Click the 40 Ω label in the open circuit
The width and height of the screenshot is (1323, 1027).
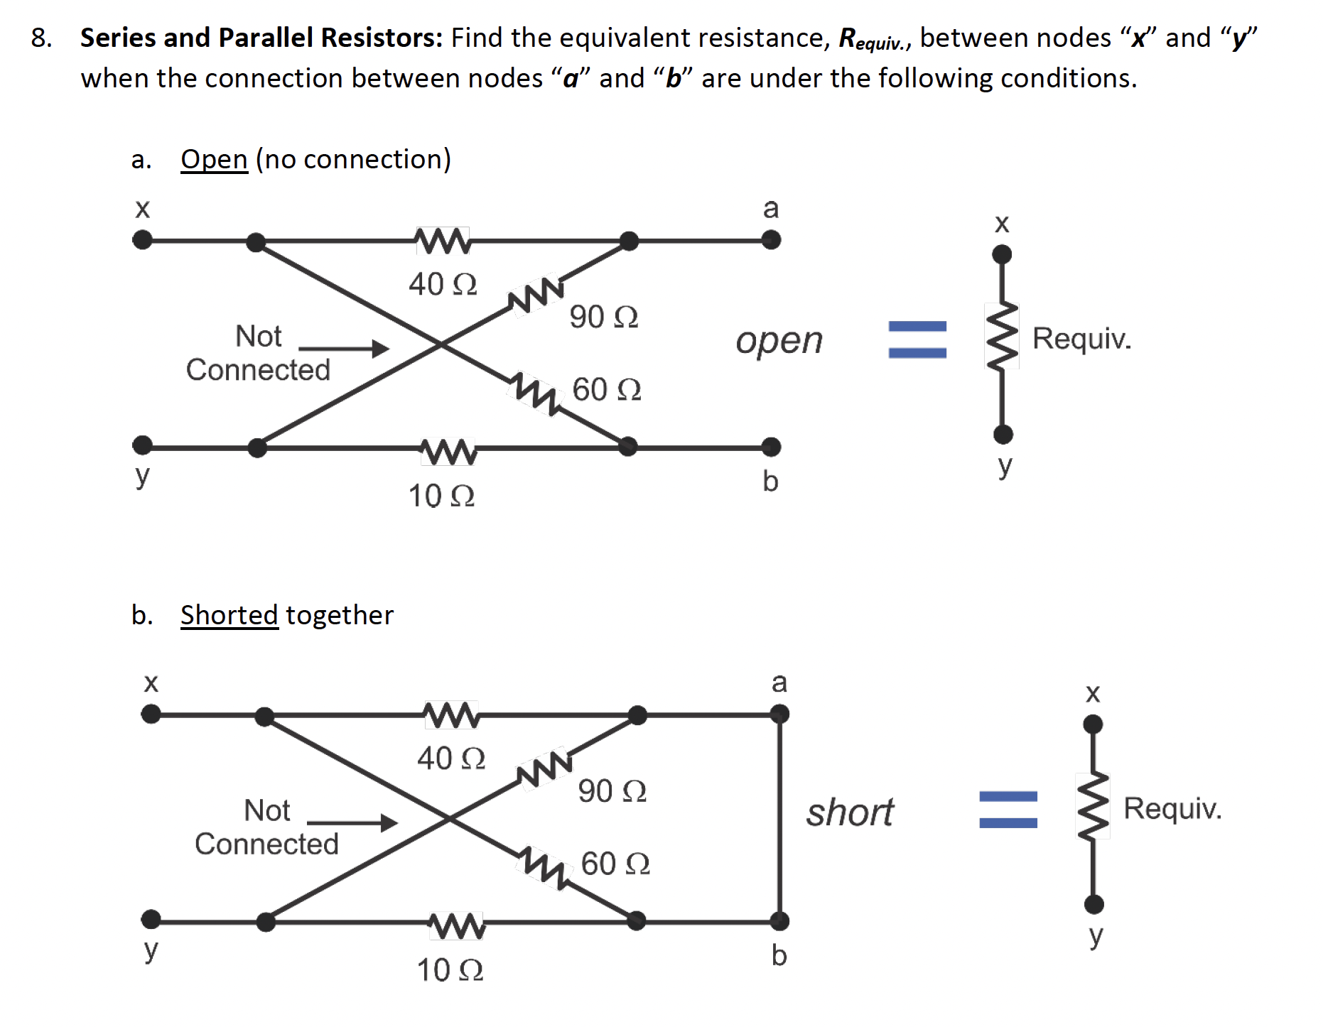pyautogui.click(x=442, y=284)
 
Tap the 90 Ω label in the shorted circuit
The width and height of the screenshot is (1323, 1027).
pyautogui.click(x=612, y=791)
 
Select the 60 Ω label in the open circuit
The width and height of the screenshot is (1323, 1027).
pyautogui.click(x=607, y=389)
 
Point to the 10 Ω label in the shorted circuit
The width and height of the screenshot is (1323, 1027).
pyautogui.click(x=450, y=970)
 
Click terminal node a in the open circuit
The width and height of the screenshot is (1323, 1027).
pyautogui.click(x=771, y=240)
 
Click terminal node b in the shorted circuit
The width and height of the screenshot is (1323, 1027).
pyautogui.click(x=780, y=922)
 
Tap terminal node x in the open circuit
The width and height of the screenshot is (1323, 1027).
pyautogui.click(x=143, y=240)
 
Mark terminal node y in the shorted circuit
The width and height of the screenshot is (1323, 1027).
pyautogui.click(x=151, y=920)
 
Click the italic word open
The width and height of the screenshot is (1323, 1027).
pyautogui.click(x=779, y=341)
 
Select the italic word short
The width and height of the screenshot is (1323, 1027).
pyautogui.click(x=850, y=812)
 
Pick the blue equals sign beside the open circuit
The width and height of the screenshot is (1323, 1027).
pyautogui.click(x=917, y=339)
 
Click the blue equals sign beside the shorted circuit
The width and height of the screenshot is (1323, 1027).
pyautogui.click(x=1008, y=810)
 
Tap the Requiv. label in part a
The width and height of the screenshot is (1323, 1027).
pyautogui.click(x=1081, y=338)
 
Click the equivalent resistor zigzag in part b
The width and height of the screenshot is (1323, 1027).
pyautogui.click(x=1093, y=806)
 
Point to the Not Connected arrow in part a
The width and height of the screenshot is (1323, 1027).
pyautogui.click(x=344, y=348)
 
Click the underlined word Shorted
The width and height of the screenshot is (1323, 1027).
pyautogui.click(x=229, y=615)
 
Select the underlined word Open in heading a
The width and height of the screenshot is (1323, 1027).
pyautogui.click(x=214, y=159)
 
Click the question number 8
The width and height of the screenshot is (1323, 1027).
pyautogui.click(x=41, y=38)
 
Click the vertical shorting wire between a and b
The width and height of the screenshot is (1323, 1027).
pyautogui.click(x=780, y=817)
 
